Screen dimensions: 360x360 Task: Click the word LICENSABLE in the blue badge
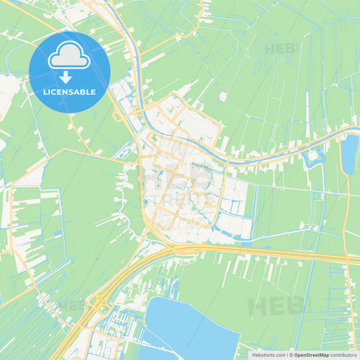click(x=70, y=91)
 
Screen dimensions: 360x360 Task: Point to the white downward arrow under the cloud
click(x=70, y=76)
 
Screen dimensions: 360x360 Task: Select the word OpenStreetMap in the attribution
click(x=311, y=354)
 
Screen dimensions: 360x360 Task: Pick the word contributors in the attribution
click(x=343, y=354)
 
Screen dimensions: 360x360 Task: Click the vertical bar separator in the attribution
click(x=289, y=354)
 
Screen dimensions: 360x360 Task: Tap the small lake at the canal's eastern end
click(x=349, y=154)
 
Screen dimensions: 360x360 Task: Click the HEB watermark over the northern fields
click(x=280, y=49)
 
